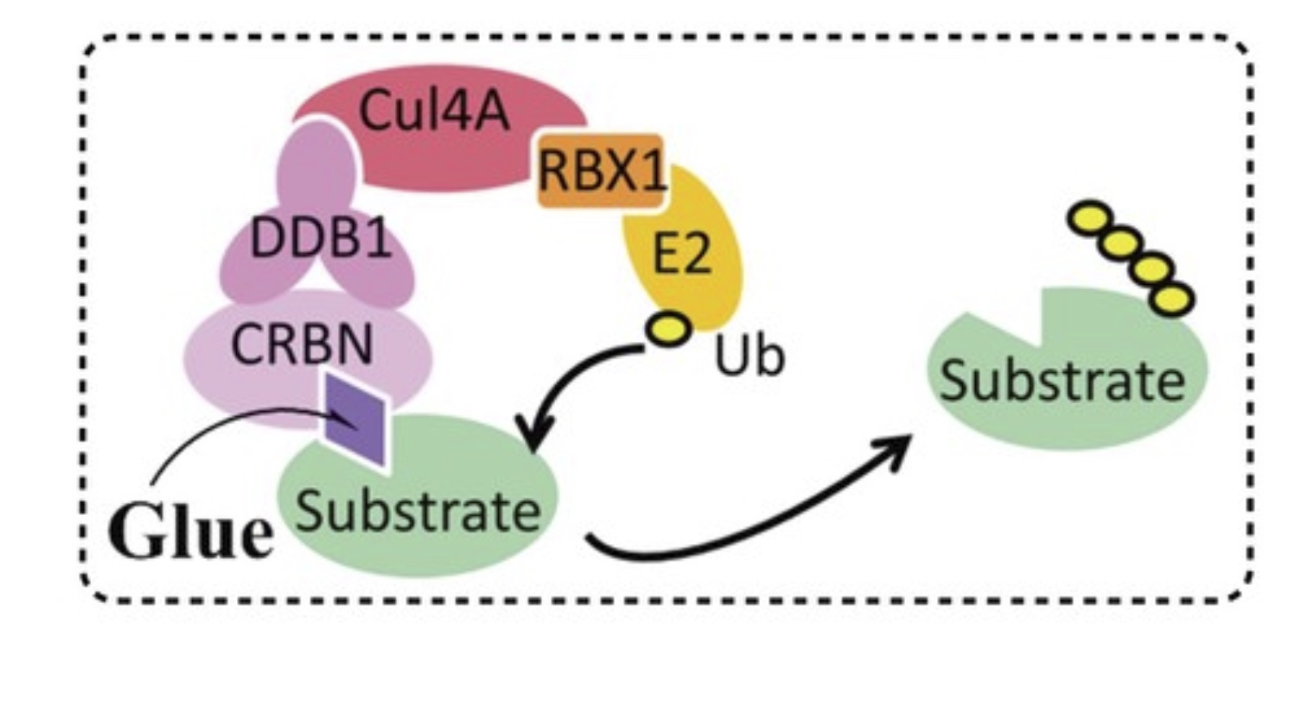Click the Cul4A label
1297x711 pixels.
pyautogui.click(x=434, y=110)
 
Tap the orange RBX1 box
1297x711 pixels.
pyautogui.click(x=601, y=172)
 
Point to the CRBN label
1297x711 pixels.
pyautogui.click(x=301, y=344)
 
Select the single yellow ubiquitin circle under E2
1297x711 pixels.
pyautogui.click(x=668, y=329)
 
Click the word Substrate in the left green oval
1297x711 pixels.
pyautogui.click(x=418, y=510)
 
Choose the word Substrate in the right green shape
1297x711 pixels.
pyautogui.click(x=1062, y=379)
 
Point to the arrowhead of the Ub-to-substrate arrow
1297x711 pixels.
pyautogui.click(x=532, y=441)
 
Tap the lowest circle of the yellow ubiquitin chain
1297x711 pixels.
pyautogui.click(x=1172, y=299)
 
